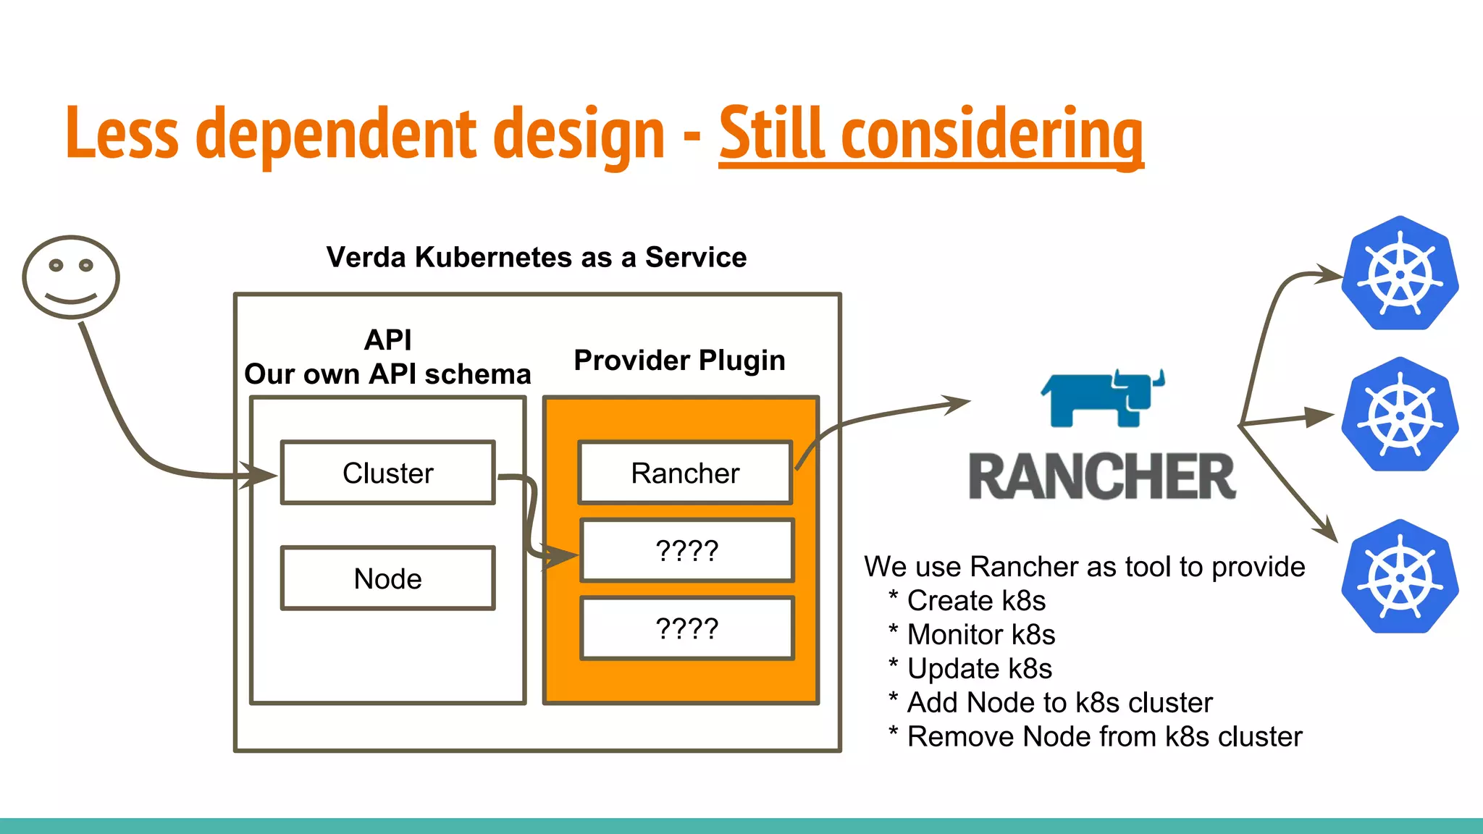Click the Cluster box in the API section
[388, 473]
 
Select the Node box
[388, 578]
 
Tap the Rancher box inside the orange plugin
[685, 473]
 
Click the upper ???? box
[686, 551]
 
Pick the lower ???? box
[686, 628]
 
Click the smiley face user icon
[71, 277]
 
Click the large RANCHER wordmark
[1102, 476]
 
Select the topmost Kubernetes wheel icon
[1400, 274]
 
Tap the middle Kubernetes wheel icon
[1400, 415]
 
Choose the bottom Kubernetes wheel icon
[1400, 577]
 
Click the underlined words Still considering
[930, 134]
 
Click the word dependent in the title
[335, 134]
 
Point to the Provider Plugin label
[679, 360]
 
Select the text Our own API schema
[387, 374]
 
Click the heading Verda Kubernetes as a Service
[536, 257]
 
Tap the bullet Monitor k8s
[980, 635]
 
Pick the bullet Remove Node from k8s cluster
[1104, 737]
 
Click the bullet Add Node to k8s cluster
[1059, 703]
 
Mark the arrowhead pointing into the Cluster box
[262, 476]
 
